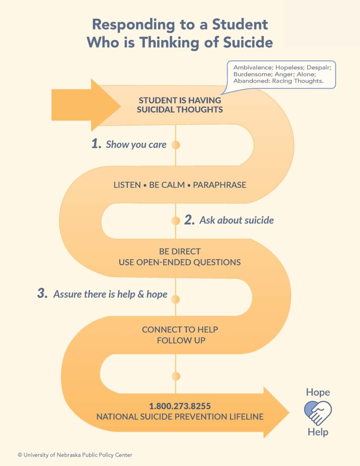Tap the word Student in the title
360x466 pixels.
(240, 24)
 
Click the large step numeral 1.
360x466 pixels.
(96, 144)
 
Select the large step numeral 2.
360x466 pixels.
(189, 220)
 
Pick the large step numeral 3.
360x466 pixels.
(42, 294)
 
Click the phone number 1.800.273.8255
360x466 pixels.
(180, 406)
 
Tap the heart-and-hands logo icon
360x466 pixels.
(318, 412)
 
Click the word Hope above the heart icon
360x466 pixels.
(318, 392)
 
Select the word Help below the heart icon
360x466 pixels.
(318, 432)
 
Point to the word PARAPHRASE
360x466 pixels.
(219, 185)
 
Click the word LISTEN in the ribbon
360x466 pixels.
(127, 185)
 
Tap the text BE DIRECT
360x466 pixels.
(180, 252)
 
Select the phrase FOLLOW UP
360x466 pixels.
(181, 340)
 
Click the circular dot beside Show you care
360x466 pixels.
(176, 145)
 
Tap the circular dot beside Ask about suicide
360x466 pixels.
(176, 221)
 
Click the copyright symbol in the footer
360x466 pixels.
(20, 455)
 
